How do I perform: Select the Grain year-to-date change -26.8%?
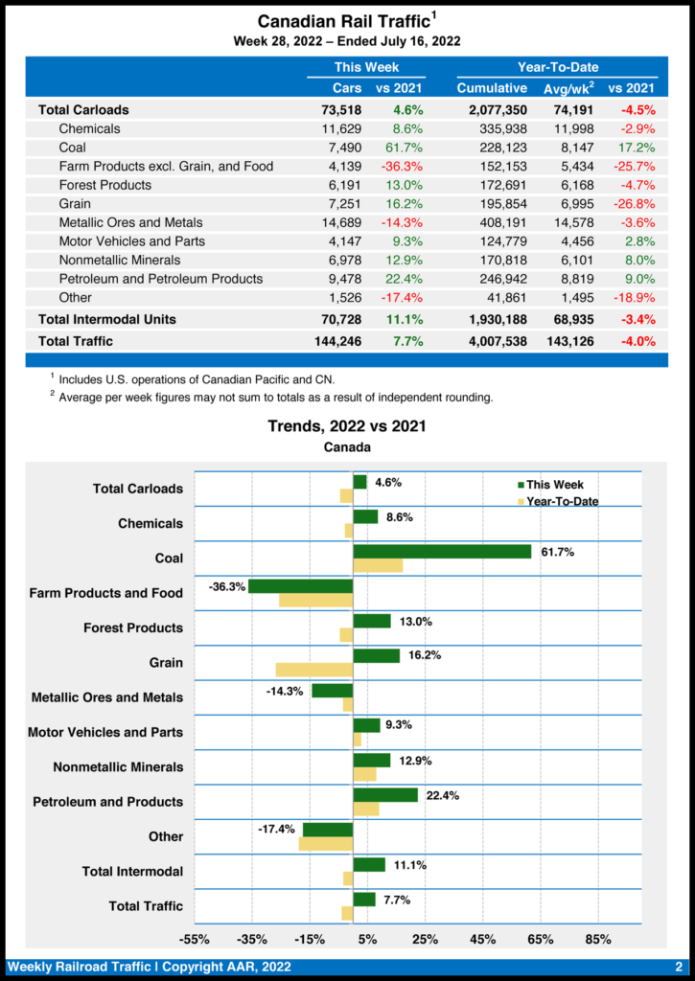tap(637, 204)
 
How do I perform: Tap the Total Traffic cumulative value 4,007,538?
tap(492, 341)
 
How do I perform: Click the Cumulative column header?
tap(492, 88)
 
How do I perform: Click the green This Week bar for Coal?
tap(442, 551)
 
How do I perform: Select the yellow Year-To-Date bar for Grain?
tap(314, 670)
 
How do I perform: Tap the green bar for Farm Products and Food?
tap(301, 586)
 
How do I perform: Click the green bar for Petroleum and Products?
tap(385, 795)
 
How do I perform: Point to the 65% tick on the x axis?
tap(540, 939)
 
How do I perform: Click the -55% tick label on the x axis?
tap(195, 939)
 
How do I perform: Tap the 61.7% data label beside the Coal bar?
tap(557, 552)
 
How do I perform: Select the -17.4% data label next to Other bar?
tap(276, 829)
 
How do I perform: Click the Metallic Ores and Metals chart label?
tap(106, 697)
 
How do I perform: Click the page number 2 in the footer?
tap(678, 967)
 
